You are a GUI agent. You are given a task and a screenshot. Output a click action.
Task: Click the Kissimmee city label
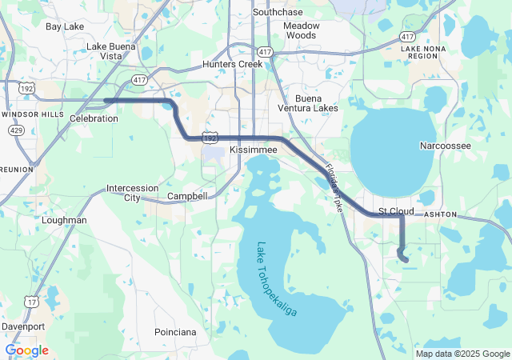coord(253,150)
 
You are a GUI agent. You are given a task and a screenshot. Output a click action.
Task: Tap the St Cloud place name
coord(396,211)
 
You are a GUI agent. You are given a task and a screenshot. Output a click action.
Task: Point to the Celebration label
coord(94,118)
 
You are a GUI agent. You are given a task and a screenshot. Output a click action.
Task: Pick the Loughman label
coord(66,219)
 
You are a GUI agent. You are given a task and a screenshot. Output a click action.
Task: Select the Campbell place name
coord(187,196)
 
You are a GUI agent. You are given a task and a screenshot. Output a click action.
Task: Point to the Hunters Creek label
coord(233,64)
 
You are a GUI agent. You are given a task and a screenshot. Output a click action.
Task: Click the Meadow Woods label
coord(301,30)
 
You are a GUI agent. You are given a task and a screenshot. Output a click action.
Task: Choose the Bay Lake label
coord(64,26)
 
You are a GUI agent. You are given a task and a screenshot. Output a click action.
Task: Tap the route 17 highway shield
coord(31,301)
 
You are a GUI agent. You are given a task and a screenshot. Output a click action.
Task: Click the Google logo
coord(26,350)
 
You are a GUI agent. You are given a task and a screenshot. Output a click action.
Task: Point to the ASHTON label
coord(440,215)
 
